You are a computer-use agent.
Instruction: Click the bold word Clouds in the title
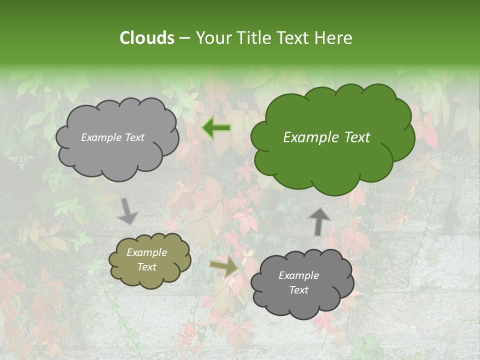(x=146, y=38)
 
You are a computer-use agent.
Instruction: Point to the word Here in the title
(x=334, y=38)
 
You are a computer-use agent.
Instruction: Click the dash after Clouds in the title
(x=184, y=38)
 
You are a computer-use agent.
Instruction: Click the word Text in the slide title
(x=293, y=38)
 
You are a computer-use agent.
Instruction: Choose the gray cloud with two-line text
(x=302, y=300)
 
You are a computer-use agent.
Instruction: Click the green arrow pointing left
(x=216, y=128)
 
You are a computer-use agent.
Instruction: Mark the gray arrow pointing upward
(x=318, y=222)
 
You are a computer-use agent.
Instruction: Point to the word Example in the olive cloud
(x=146, y=252)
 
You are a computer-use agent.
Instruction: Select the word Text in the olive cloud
(x=146, y=267)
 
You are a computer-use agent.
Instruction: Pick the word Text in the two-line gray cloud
(x=298, y=290)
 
